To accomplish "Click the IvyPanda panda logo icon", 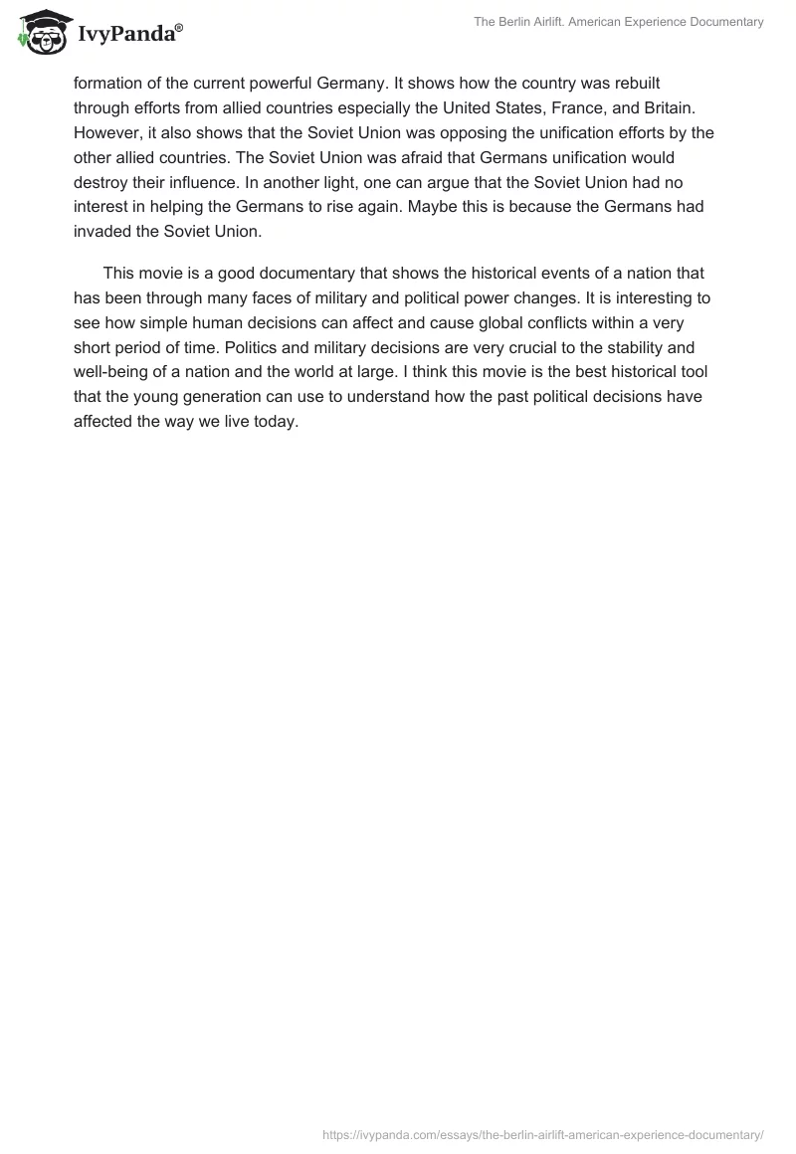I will click(x=42, y=33).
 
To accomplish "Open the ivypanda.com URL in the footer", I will click(x=543, y=1134).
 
